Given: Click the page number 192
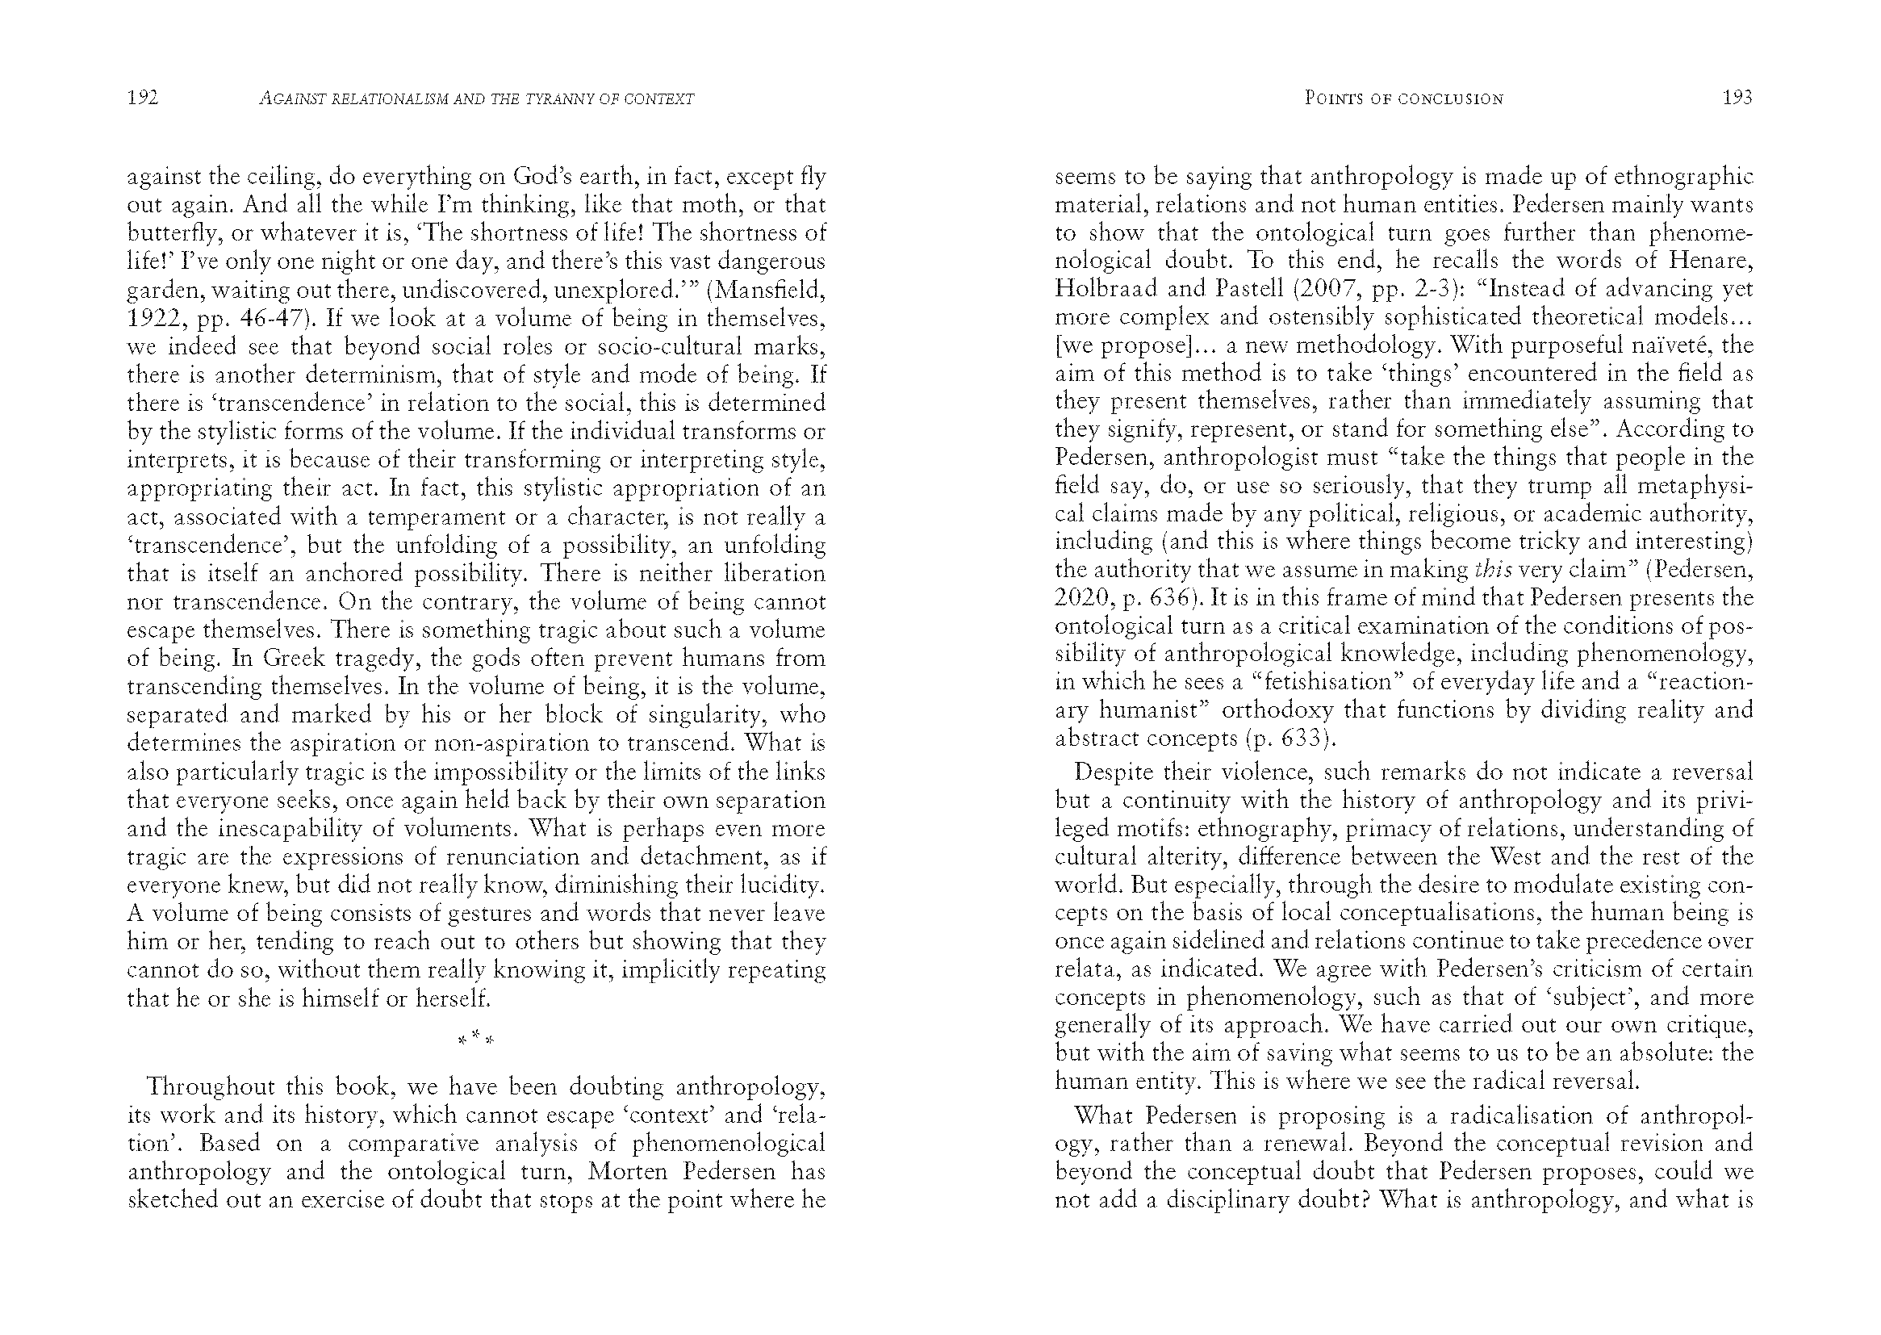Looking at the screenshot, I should point(142,98).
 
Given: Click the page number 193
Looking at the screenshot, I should point(1737,98).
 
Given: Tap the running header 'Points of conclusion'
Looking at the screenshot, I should point(1403,98).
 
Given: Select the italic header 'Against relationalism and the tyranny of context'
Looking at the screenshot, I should point(476,99).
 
